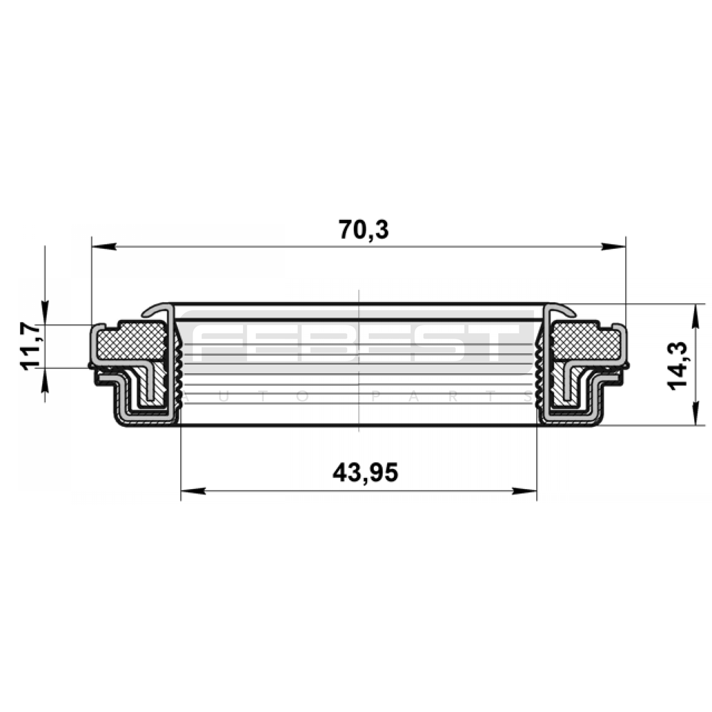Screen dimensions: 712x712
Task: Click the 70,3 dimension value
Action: (364, 230)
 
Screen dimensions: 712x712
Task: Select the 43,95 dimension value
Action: (365, 473)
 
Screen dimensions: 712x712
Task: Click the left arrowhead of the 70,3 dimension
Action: (104, 247)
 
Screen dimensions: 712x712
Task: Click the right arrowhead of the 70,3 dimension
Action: (613, 247)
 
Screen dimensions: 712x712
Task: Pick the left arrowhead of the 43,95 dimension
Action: (194, 491)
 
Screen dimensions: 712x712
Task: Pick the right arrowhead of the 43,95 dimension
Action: (524, 491)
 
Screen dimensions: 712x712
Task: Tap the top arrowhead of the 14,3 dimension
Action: (695, 316)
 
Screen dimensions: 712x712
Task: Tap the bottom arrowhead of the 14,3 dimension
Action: (695, 413)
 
